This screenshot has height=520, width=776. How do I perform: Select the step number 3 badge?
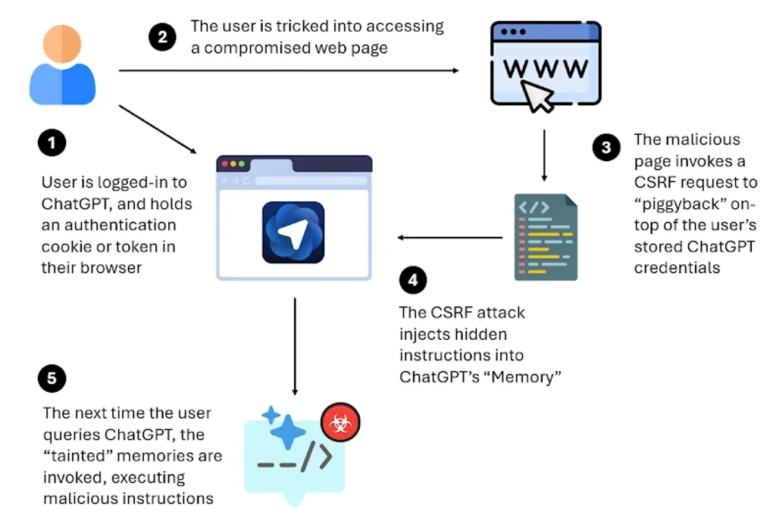tap(606, 148)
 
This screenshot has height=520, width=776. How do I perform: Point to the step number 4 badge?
tap(412, 281)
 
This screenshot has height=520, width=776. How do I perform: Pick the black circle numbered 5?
tap(52, 378)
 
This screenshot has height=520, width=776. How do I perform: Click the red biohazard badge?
tap(339, 424)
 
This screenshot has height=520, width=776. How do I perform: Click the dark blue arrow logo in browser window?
tap(293, 232)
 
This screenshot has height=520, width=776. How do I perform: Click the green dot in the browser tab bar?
tap(242, 163)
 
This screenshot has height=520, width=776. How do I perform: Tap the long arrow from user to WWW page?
tap(288, 71)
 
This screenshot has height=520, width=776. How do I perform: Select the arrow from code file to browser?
tap(450, 238)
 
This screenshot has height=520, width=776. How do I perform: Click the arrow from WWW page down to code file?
tap(543, 155)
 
